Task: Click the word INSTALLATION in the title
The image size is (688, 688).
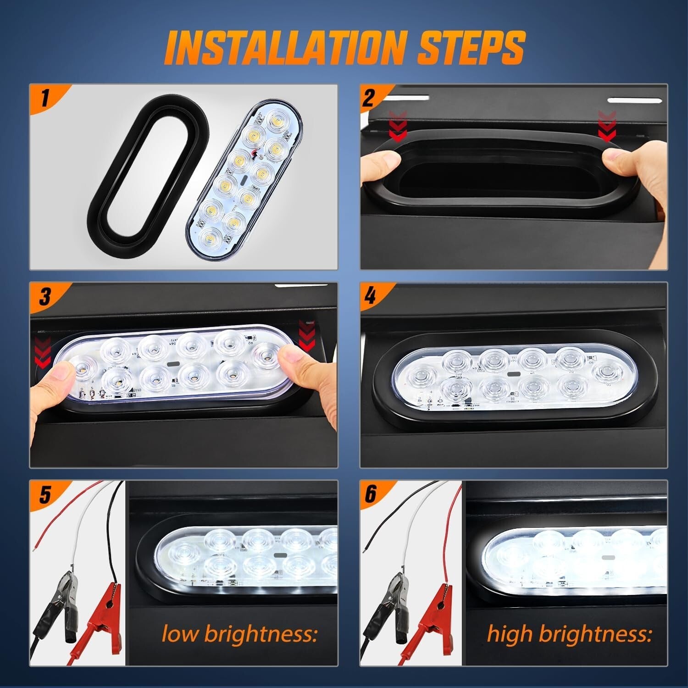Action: click(285, 47)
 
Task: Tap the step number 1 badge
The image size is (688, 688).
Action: click(44, 98)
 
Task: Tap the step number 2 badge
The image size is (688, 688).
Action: click(370, 98)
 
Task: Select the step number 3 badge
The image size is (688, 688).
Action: click(44, 296)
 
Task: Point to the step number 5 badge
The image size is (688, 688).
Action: click(44, 495)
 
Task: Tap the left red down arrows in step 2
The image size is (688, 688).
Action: click(397, 126)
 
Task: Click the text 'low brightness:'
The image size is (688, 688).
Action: click(239, 634)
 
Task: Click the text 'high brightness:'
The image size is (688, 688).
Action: click(569, 634)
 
